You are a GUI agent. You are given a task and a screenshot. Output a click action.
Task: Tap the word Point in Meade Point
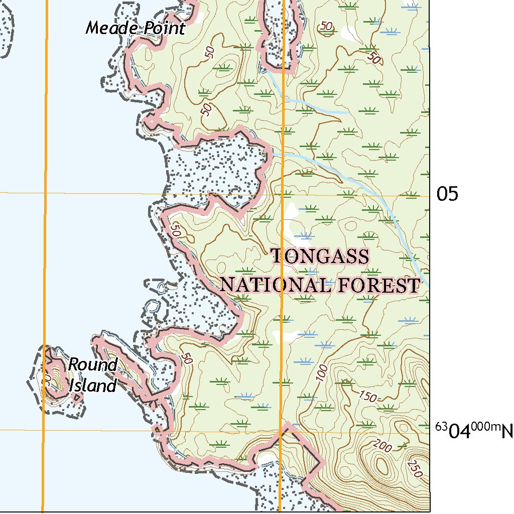click(x=164, y=28)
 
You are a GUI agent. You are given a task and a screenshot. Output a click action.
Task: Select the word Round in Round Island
click(x=93, y=365)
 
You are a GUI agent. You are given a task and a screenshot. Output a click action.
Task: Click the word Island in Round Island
click(x=93, y=385)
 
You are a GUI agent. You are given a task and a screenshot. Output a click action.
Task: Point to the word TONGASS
click(x=320, y=256)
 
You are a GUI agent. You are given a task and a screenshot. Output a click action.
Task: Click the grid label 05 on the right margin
click(x=447, y=194)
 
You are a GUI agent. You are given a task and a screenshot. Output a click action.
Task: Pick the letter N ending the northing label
click(x=507, y=431)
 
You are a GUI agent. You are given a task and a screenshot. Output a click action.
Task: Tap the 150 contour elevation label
click(x=368, y=397)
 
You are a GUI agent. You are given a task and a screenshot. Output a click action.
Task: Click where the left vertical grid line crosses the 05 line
click(x=45, y=193)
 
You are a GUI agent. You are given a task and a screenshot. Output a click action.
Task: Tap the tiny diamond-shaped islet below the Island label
click(x=76, y=400)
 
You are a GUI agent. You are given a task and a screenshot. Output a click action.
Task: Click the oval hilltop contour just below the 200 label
click(x=382, y=467)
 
